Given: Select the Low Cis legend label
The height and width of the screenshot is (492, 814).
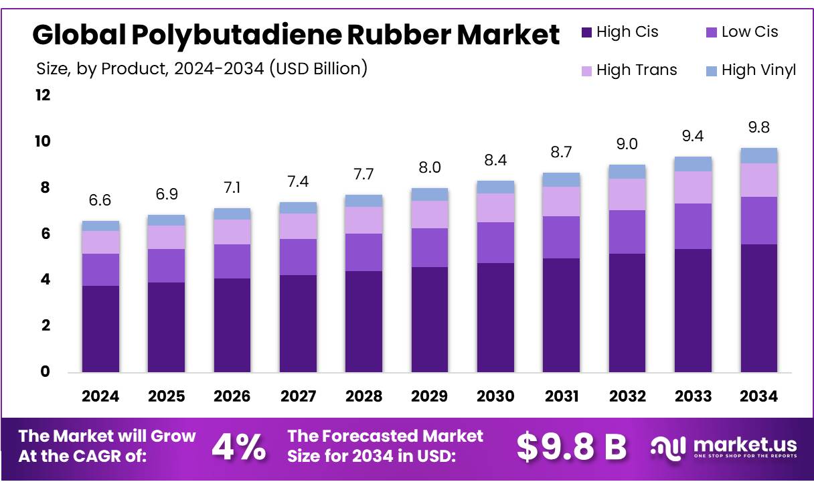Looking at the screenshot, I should tap(750, 32).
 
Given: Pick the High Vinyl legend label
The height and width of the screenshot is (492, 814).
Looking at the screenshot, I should tap(758, 70).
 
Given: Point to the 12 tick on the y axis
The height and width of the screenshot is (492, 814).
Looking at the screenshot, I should tap(43, 95).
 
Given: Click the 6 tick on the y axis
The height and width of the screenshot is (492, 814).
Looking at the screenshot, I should tap(46, 234).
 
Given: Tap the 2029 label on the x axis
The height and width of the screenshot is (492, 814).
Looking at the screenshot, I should tap(430, 396).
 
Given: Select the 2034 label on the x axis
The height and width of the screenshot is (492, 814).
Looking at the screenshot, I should tap(758, 396).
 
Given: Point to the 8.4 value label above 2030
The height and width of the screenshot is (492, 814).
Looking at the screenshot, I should tap(495, 160).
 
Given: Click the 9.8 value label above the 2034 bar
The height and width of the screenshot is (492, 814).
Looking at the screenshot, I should tap(758, 127).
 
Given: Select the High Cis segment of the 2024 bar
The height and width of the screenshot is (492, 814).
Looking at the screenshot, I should tap(100, 328).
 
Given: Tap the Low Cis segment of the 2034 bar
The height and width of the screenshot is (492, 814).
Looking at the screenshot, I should tap(758, 220).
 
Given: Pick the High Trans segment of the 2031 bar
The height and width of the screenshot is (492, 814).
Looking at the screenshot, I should tap(561, 201).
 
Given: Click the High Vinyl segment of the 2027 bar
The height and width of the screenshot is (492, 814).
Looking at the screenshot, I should tap(298, 208).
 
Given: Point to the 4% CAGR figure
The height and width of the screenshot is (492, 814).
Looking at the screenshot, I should tap(238, 447).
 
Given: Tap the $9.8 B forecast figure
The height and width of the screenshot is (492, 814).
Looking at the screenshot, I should tap(571, 447).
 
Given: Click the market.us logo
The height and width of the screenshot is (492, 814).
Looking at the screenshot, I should tap(723, 447).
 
